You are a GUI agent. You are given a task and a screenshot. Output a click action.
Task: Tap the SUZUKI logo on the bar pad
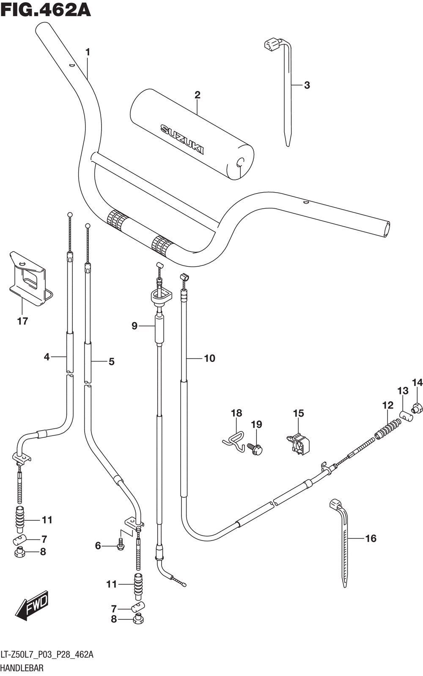(x=182, y=139)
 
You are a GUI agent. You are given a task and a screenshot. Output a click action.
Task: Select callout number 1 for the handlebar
(x=88, y=52)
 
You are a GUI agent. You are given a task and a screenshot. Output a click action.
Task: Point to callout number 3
(x=307, y=85)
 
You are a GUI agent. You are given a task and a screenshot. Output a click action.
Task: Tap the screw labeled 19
(x=255, y=450)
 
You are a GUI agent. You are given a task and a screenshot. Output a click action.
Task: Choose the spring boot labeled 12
(x=387, y=429)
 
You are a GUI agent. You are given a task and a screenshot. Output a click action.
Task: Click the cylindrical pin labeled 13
(x=407, y=415)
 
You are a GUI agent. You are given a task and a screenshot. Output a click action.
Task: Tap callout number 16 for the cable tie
(x=371, y=538)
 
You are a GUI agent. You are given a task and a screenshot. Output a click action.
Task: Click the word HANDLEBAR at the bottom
(x=22, y=668)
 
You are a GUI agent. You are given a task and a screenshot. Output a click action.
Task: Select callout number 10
(x=210, y=358)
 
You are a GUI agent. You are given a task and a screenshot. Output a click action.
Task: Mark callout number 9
(x=135, y=326)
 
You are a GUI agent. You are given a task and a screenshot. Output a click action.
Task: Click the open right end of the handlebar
(x=386, y=229)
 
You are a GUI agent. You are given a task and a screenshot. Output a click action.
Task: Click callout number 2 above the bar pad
(x=197, y=95)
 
